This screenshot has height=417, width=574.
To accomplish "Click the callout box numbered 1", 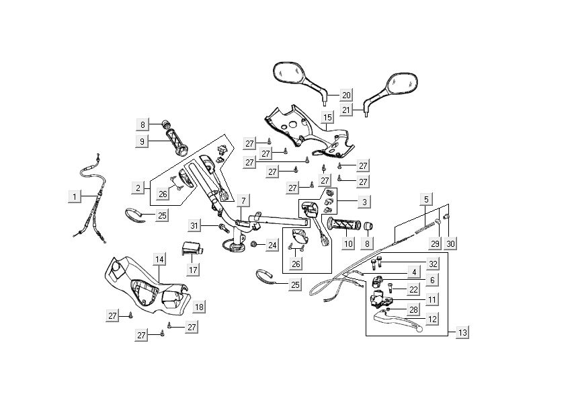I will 75,196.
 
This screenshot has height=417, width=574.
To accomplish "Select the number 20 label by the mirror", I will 346,95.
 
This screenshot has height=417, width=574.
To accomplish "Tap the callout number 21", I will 346,110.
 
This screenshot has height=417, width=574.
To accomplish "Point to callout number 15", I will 327,118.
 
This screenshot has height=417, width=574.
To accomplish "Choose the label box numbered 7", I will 242,200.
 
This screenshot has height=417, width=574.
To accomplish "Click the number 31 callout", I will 194,225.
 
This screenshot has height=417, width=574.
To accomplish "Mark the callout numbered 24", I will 272,245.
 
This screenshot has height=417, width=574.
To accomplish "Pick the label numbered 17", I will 193,270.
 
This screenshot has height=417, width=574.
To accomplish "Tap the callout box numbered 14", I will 159,259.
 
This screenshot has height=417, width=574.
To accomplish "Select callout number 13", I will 462,332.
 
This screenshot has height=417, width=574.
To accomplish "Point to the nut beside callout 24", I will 255,245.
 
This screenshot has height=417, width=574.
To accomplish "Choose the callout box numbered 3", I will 364,201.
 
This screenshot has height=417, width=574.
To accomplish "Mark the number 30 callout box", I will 450,243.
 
